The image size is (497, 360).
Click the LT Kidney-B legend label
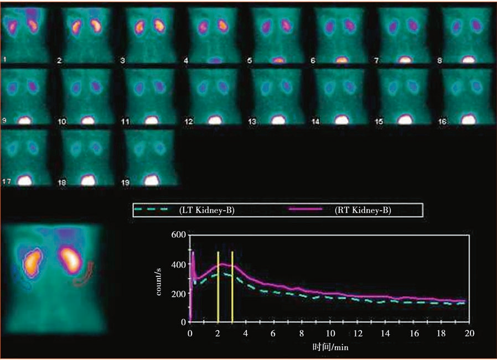(x=206, y=210)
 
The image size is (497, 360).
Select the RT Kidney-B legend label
(x=363, y=210)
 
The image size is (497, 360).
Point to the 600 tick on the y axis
(x=178, y=235)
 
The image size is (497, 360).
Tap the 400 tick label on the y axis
(x=178, y=264)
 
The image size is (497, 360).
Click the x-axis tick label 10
(x=330, y=333)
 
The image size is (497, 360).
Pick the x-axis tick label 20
(x=469, y=333)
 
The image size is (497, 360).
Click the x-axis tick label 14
(x=386, y=333)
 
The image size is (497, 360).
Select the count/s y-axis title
(x=158, y=281)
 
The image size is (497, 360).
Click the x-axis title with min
(x=330, y=347)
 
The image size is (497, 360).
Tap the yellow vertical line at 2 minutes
(x=218, y=286)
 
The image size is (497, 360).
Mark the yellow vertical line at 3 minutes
(x=232, y=286)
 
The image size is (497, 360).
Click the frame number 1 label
(x=4, y=59)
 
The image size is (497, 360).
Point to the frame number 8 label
(x=439, y=60)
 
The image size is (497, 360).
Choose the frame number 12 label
(x=189, y=121)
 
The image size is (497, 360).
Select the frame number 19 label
(x=125, y=182)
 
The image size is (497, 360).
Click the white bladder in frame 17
(x=25, y=180)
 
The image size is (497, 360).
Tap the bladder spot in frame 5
(x=278, y=60)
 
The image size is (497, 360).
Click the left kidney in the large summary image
(x=32, y=263)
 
